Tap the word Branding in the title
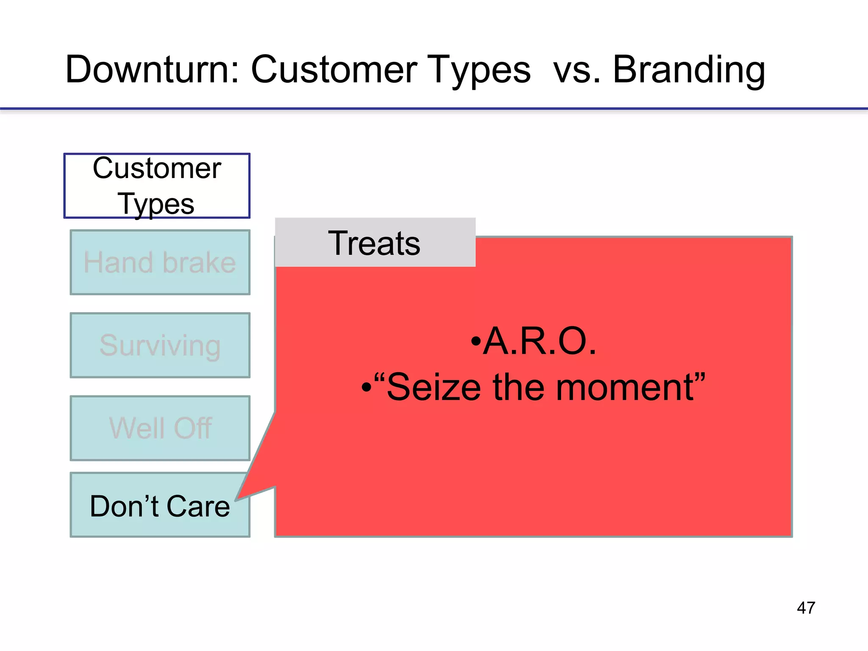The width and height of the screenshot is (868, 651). (x=689, y=70)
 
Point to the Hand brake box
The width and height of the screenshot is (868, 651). (x=160, y=262)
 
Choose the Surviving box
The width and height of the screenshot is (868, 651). (x=160, y=345)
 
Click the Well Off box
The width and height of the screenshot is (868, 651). (x=160, y=428)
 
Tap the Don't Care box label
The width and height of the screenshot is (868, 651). (x=159, y=506)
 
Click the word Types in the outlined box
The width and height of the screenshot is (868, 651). (x=156, y=204)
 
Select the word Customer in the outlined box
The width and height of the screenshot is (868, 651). (x=157, y=168)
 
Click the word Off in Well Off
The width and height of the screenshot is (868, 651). (x=193, y=428)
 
